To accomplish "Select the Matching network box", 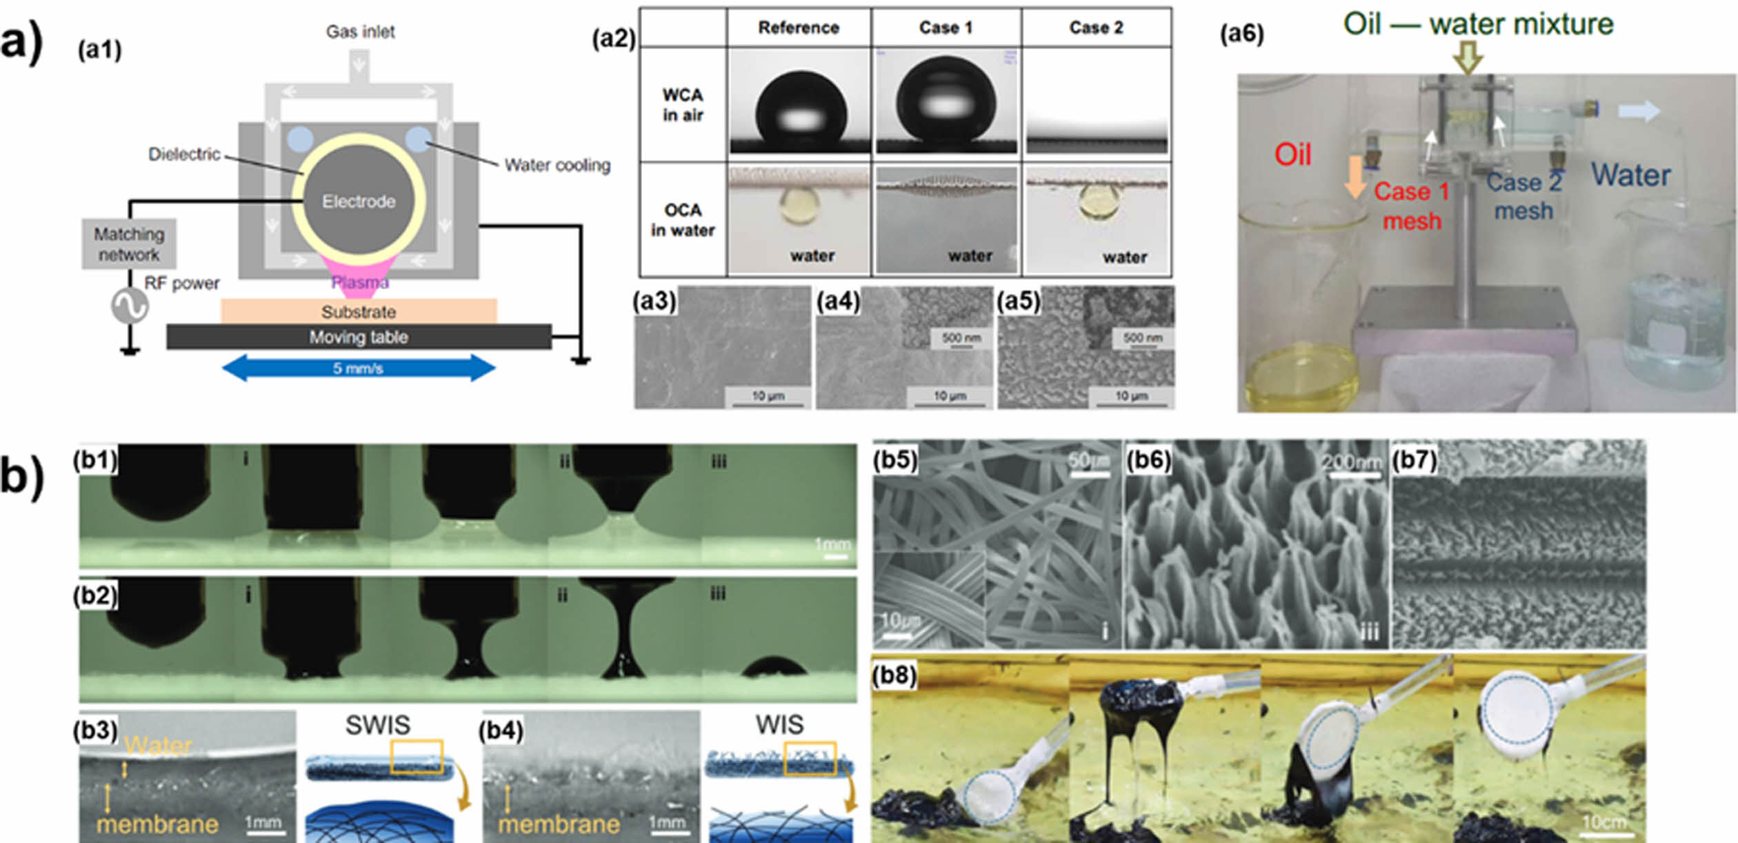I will (129, 244).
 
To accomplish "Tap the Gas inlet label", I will (360, 32).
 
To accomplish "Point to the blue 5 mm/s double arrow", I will (359, 368).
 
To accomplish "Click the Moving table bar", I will (359, 337).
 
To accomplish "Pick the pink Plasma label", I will (359, 282).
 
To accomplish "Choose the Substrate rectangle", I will (359, 311).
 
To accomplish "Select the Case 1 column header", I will (946, 28).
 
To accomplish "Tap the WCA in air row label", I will (683, 105).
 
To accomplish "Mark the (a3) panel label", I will (654, 301).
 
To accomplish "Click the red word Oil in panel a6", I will (1292, 155).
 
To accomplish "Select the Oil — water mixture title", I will (1478, 25).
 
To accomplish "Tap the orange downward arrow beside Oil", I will (1355, 176).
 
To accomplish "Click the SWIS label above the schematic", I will (377, 725).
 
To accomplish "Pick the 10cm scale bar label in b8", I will (1604, 822).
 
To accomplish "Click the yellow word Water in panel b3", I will (159, 746).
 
